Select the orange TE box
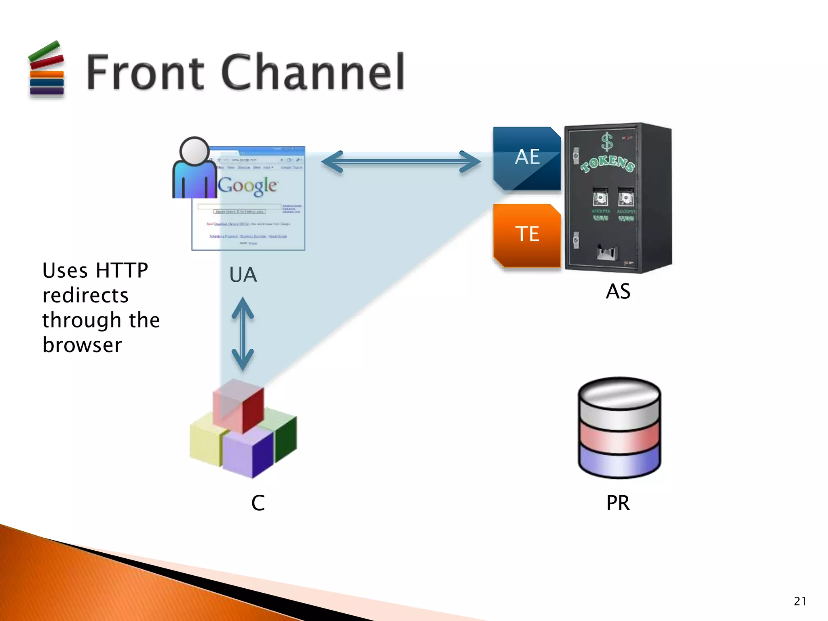pos(527,234)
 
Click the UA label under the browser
pos(243,275)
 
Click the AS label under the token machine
pos(618,291)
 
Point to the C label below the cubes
pos(258,503)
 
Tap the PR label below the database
pos(618,503)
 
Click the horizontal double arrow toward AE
pos(401,162)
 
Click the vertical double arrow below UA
pos(243,334)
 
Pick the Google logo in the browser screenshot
pos(247,186)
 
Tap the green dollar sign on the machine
pos(606,142)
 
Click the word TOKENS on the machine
pos(608,163)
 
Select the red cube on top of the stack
pos(239,405)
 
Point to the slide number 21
pos(800,601)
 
